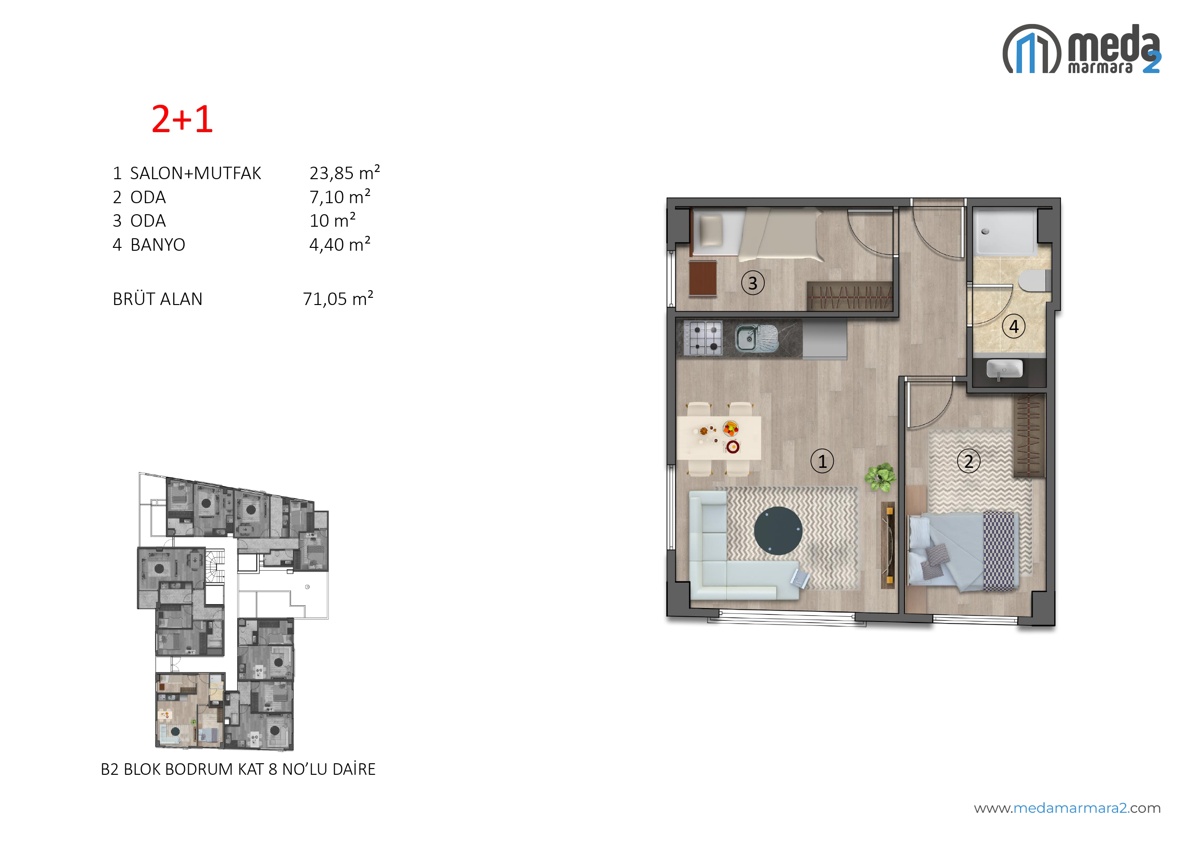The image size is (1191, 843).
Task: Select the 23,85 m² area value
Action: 345,172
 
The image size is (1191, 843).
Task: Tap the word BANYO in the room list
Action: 157,244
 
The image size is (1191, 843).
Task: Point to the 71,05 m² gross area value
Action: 337,298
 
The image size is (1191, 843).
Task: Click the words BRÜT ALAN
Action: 157,299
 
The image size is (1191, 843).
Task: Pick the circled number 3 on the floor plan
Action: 753,283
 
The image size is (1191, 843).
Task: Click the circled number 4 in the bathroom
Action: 1013,327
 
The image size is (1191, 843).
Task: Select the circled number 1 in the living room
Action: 822,461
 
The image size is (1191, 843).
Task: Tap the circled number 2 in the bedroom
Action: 968,461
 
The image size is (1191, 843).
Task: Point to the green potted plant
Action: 880,476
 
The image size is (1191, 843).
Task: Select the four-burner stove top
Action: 702,338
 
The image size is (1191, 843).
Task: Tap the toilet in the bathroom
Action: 1035,281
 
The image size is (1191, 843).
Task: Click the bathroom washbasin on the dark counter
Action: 1004,369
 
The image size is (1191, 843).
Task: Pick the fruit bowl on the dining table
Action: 731,428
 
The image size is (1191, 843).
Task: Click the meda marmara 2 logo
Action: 1082,49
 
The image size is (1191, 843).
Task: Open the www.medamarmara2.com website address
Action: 1067,808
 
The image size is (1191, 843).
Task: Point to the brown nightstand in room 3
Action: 703,278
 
